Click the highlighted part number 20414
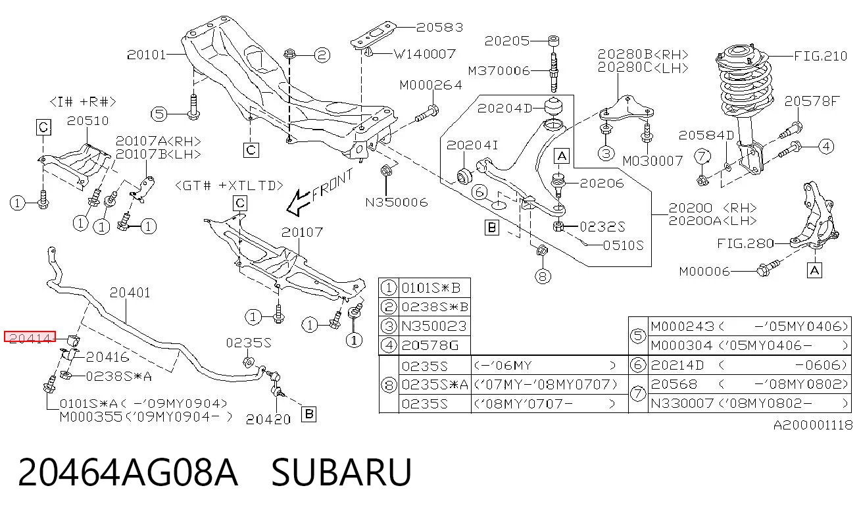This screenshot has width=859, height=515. (30, 337)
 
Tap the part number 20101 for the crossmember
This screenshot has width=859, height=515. (147, 55)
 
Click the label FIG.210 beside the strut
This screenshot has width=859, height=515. (820, 57)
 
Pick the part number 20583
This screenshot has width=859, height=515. (440, 27)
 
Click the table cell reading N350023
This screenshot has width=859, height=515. (434, 326)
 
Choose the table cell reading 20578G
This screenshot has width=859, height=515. (430, 345)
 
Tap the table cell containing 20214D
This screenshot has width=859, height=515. (677, 365)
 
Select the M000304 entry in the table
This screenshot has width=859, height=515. (681, 345)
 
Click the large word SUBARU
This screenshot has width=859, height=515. (341, 472)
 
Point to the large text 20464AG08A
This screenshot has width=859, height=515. (128, 472)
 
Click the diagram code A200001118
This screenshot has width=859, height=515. (813, 425)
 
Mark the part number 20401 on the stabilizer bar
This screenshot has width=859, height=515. (130, 293)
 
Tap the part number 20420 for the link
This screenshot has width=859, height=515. (268, 419)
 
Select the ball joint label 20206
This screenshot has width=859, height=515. (602, 184)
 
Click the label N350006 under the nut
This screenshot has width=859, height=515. (397, 202)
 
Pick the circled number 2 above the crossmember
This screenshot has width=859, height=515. (322, 55)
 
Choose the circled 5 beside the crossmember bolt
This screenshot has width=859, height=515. (159, 114)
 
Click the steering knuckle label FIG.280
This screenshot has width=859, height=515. (745, 243)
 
